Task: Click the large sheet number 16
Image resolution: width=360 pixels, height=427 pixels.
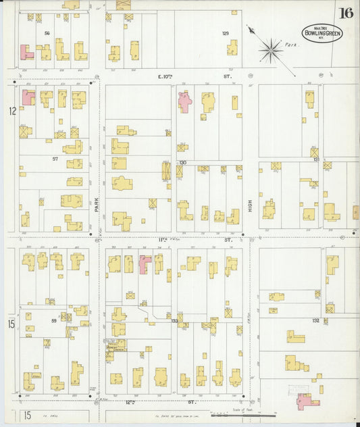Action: (346, 13)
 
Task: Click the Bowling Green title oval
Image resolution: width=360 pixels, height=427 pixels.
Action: (322, 32)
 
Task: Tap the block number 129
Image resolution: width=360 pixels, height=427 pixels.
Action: (226, 33)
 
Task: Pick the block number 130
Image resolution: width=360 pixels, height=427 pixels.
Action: (182, 163)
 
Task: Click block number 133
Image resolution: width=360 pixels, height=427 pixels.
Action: (174, 320)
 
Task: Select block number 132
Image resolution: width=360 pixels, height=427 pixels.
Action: (315, 320)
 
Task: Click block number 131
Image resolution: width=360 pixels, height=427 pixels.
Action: (315, 159)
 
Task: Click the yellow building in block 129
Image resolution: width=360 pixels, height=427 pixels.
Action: (232, 47)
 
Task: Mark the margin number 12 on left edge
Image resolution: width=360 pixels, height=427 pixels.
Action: (11, 110)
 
